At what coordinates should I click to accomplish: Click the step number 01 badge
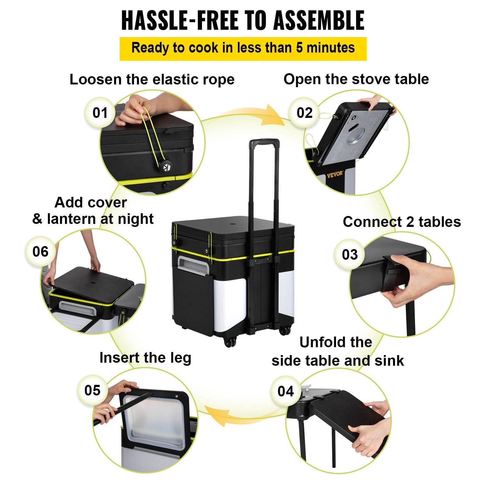pyautogui.click(x=100, y=113)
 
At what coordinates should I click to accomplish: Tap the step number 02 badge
pyautogui.click(x=304, y=113)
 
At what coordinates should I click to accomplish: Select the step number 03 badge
pyautogui.click(x=350, y=254)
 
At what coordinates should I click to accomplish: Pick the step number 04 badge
pyautogui.click(x=286, y=391)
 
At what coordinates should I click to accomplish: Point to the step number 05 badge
pyautogui.click(x=92, y=390)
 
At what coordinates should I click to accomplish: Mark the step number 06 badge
pyautogui.click(x=40, y=252)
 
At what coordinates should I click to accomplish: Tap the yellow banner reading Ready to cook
pyautogui.click(x=243, y=48)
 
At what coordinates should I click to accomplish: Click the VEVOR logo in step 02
pyautogui.click(x=335, y=174)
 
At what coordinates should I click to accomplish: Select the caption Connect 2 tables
pyautogui.click(x=402, y=222)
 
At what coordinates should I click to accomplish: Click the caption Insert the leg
pyautogui.click(x=145, y=358)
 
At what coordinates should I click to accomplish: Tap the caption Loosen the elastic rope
pyautogui.click(x=152, y=80)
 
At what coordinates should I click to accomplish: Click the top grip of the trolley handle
pyautogui.click(x=264, y=142)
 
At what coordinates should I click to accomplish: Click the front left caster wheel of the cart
pyautogui.click(x=230, y=342)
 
